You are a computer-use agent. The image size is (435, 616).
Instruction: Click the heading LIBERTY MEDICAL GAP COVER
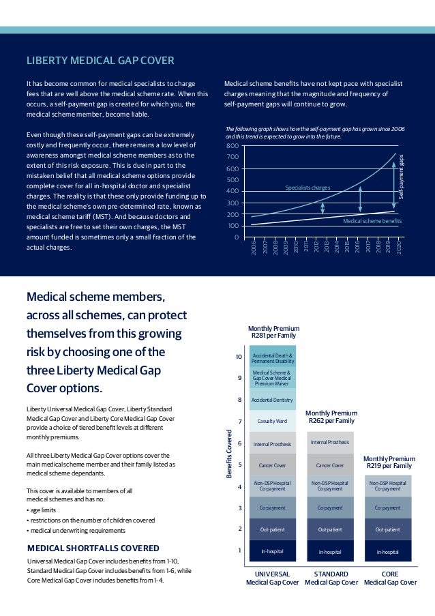coord(100,61)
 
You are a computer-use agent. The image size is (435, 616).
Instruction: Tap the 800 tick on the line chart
coord(232,146)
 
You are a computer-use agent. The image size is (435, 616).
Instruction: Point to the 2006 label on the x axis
coord(253,248)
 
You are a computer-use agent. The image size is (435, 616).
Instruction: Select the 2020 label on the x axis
coord(398,248)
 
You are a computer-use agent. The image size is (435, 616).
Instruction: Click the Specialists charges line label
coord(307,187)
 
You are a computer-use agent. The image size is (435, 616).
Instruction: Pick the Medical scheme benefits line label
coord(372,221)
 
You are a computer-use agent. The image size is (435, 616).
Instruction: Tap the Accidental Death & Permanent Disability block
coord(273,357)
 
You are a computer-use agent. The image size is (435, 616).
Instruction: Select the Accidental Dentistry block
coord(273,400)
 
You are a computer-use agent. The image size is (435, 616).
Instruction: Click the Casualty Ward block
coord(273,421)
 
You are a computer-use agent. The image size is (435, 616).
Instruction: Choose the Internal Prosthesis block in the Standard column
coord(330,443)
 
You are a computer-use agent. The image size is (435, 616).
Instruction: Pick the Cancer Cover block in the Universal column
coord(273,465)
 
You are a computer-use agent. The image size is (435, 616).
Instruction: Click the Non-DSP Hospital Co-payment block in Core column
coord(388,486)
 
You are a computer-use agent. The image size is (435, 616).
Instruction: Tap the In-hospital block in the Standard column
coord(330,551)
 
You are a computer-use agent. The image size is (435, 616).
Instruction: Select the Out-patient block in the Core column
coord(388,529)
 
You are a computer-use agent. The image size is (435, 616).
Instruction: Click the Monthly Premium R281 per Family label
coord(273,332)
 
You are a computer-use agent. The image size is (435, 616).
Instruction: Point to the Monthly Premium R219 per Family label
coord(388,462)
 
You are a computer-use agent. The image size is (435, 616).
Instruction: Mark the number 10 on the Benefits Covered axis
coord(239,357)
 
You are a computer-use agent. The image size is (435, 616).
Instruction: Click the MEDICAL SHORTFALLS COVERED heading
coord(93,548)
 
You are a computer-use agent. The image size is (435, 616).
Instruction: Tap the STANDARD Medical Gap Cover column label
coord(331,578)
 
